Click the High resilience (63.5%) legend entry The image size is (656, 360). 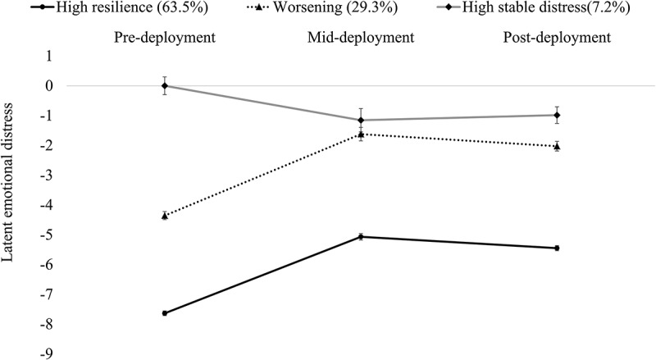click(x=119, y=7)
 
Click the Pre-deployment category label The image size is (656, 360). click(x=165, y=38)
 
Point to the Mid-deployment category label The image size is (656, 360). click(x=361, y=38)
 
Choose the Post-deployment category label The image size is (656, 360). click(x=557, y=38)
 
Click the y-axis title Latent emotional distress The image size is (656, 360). click(x=7, y=183)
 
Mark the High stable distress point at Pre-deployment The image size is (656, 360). click(x=165, y=86)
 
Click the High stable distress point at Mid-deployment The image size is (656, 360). click(x=361, y=121)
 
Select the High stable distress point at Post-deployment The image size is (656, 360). click(x=557, y=115)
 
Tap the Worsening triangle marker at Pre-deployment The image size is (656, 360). click(x=165, y=216)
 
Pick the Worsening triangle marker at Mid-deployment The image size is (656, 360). click(x=361, y=134)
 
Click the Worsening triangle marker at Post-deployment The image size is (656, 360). click(x=557, y=147)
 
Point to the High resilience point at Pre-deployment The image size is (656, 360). click(x=165, y=313)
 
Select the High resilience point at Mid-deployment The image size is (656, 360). click(x=361, y=237)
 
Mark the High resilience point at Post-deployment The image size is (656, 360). click(x=557, y=248)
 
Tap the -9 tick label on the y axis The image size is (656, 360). click(x=47, y=354)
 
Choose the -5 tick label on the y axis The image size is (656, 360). click(x=47, y=235)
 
